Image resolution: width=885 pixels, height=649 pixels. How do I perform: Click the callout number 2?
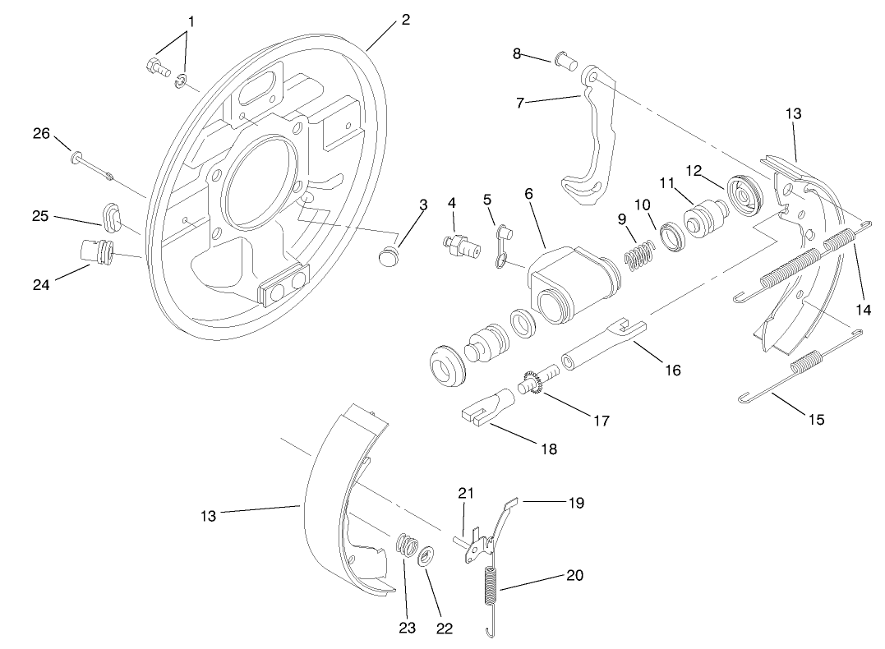coord(406,19)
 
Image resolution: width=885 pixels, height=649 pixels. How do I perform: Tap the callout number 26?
coord(41,134)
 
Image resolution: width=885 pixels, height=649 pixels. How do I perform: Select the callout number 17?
coord(601,420)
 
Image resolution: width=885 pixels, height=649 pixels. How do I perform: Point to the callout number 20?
coord(575,575)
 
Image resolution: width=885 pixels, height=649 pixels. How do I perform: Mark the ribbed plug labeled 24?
coord(96,250)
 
